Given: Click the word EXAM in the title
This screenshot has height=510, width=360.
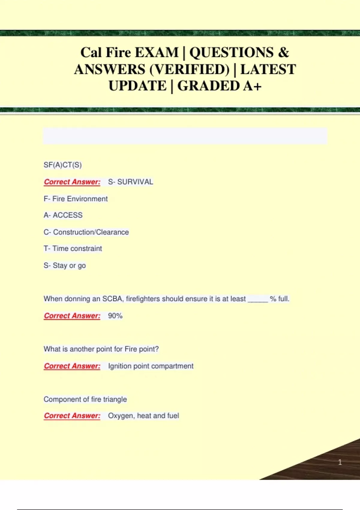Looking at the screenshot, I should point(156,52).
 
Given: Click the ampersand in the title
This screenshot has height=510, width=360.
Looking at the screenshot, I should point(283,52).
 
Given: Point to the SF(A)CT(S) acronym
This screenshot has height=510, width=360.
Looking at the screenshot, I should point(63,165).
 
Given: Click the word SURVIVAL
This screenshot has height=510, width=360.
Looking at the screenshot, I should point(135,182).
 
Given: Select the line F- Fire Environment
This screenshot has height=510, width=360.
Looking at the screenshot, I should point(76,199).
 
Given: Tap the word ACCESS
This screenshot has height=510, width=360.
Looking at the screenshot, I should point(67,215).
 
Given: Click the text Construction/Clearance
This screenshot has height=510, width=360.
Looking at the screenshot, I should point(91,232).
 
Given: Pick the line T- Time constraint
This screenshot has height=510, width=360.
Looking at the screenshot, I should point(73,248).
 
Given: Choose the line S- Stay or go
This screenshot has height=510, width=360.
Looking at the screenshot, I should point(65,265).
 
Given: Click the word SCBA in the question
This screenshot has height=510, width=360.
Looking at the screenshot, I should point(112,299).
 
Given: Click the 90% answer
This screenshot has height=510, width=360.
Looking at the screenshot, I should point(115,316).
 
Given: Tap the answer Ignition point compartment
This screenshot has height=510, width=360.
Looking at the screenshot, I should point(151,366).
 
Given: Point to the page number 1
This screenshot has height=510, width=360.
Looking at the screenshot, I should point(340,462).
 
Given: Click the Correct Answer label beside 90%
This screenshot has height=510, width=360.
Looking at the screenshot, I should point(72,316).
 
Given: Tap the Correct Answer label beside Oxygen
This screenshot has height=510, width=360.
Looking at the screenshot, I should point(72,416).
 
